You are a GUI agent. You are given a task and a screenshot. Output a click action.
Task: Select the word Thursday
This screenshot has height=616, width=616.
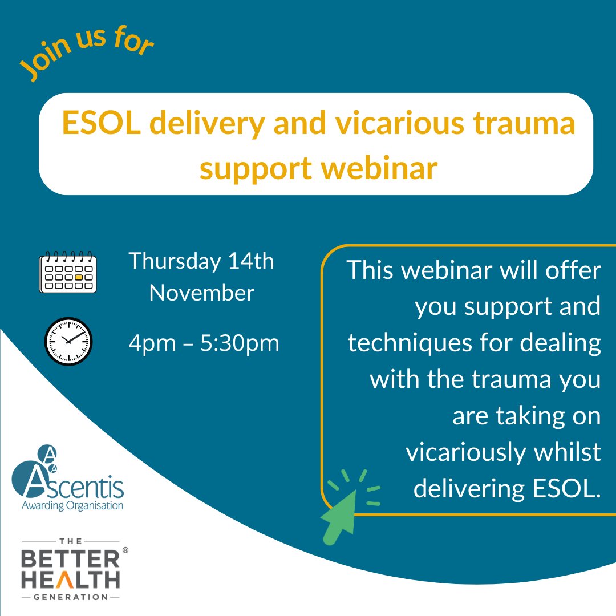174,262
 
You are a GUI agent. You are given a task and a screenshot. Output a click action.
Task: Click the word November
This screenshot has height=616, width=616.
202,294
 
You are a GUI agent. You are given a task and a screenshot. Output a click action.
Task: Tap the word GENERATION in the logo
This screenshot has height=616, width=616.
71,597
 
